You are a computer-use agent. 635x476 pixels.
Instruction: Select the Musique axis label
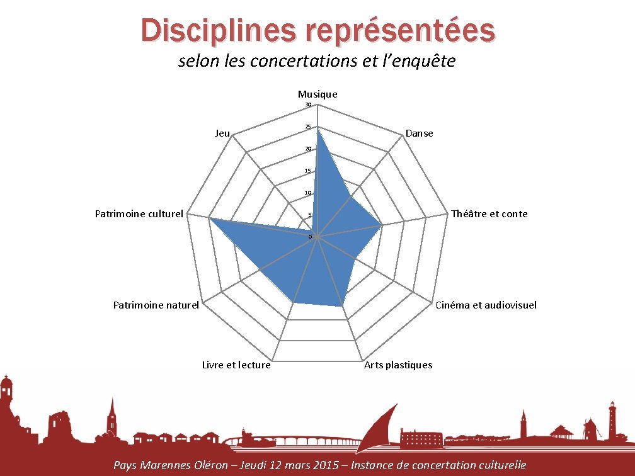point(317,94)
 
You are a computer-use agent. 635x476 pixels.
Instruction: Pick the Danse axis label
point(420,133)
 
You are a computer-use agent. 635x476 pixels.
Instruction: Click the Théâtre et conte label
point(489,213)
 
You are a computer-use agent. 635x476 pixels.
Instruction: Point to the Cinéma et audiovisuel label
point(486,305)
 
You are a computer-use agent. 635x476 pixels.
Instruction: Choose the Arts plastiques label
point(398,365)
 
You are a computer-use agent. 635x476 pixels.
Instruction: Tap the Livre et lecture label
point(236,365)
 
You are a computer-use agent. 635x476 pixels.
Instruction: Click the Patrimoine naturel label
point(156,305)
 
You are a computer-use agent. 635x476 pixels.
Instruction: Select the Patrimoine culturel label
point(139,213)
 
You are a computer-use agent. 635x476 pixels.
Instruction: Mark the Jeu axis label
point(222,133)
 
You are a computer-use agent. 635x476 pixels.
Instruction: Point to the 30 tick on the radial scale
point(308,105)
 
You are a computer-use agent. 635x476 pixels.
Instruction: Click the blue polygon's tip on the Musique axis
point(317,128)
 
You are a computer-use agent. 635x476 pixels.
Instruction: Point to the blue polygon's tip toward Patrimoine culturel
point(210,219)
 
